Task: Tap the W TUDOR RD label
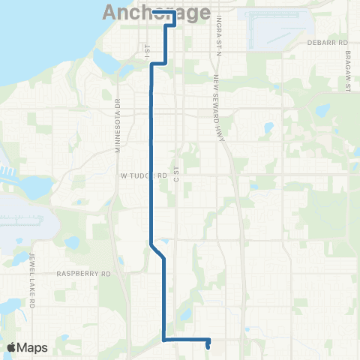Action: pos(142,175)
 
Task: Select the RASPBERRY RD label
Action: pos(83,274)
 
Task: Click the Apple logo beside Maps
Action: pos(13,347)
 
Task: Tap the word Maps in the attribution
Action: pos(33,347)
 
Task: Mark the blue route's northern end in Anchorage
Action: pos(153,12)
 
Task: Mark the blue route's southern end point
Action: pos(208,346)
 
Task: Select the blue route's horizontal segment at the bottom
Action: pos(185,340)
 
